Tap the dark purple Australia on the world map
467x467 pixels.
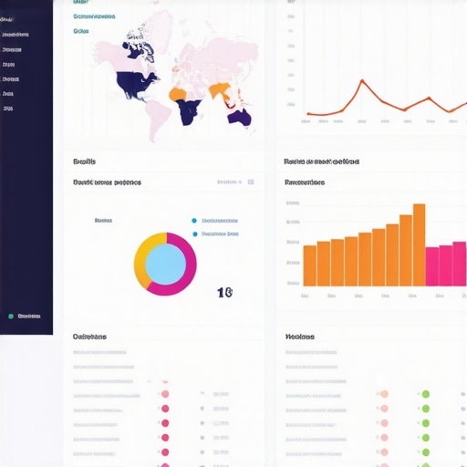pyautogui.click(x=240, y=117)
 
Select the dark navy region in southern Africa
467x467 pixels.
pyautogui.click(x=190, y=112)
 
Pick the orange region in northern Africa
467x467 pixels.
pyautogui.click(x=177, y=94)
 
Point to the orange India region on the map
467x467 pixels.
pyautogui.click(x=219, y=90)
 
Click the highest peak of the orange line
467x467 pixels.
pyautogui.click(x=363, y=81)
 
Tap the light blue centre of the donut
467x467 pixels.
pyautogui.click(x=165, y=265)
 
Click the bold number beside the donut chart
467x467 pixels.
pyautogui.click(x=224, y=293)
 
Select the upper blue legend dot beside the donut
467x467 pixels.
pyautogui.click(x=194, y=221)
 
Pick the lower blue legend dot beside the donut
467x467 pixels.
pyautogui.click(x=194, y=233)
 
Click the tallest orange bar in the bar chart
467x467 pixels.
pyautogui.click(x=419, y=244)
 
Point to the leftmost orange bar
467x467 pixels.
pyautogui.click(x=309, y=265)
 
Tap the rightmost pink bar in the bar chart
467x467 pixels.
pyautogui.click(x=459, y=264)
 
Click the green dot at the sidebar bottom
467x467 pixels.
pyautogui.click(x=11, y=317)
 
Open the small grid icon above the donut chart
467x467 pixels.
pyautogui.click(x=251, y=182)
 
